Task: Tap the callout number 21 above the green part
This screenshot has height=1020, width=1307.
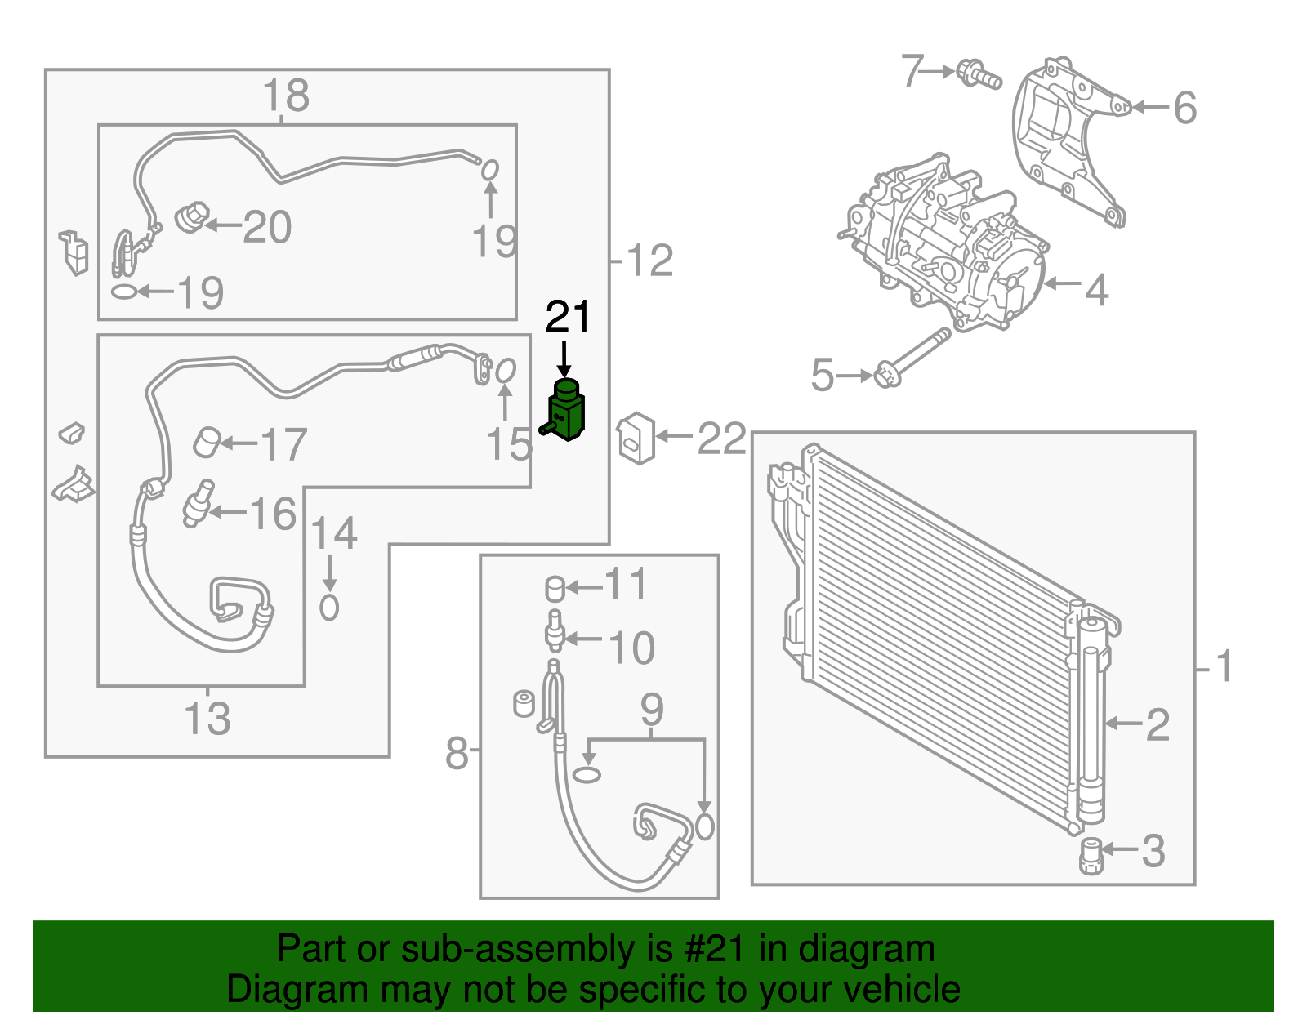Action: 567,318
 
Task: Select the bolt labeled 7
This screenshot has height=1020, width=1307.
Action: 978,75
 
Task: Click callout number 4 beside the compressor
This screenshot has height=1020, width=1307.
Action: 1096,290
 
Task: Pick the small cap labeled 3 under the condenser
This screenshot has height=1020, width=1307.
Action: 1091,855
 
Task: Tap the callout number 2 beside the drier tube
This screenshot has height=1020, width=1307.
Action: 1158,724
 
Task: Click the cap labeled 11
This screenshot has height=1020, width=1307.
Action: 555,588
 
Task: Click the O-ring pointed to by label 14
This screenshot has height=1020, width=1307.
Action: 329,607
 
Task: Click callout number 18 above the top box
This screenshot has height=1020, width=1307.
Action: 286,96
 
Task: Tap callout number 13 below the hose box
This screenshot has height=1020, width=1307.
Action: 207,719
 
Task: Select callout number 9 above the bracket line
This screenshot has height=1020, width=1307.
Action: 651,709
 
